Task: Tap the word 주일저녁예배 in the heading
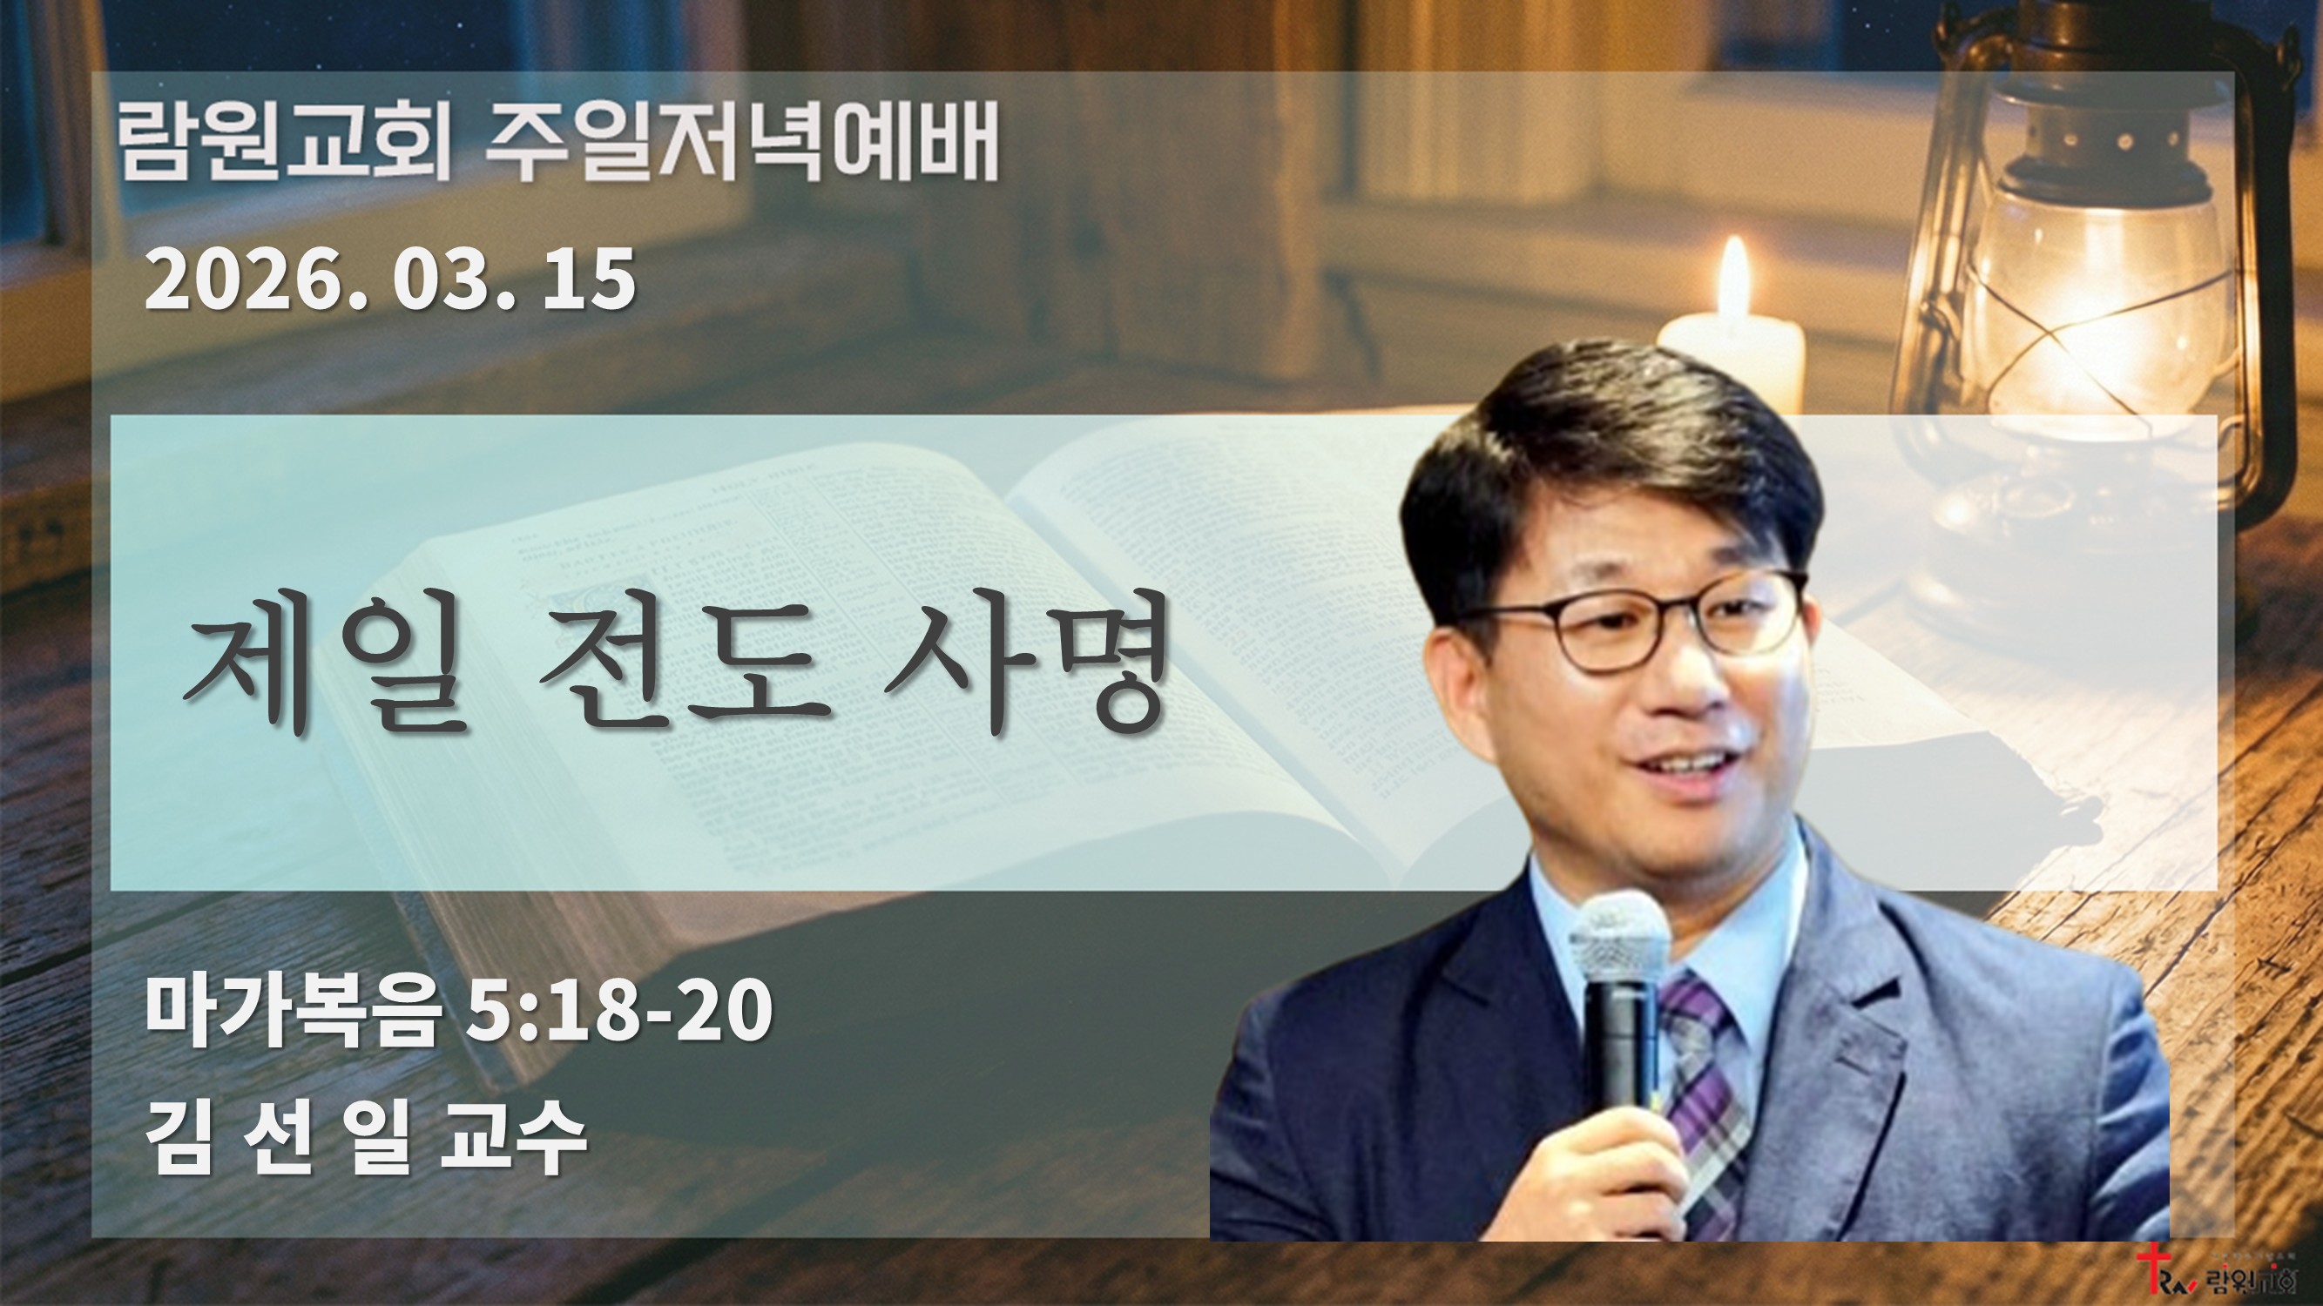741,144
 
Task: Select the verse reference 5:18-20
618,1011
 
